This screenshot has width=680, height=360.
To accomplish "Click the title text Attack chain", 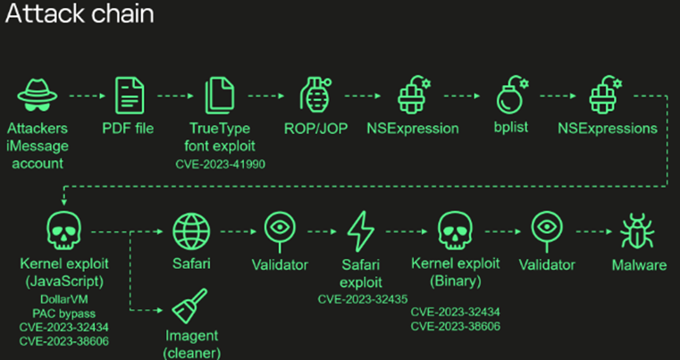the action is pos(77,14).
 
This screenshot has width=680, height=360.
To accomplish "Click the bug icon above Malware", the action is pos(638,231).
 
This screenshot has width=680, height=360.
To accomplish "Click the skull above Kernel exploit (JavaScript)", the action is pos(64,230).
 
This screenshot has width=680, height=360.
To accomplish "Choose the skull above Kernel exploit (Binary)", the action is pos(455,230).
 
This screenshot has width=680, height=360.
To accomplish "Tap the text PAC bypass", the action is pos(63,313).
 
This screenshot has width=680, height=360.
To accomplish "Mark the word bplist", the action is pos(510,128).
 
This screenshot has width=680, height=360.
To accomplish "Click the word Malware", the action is pos(638,265).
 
